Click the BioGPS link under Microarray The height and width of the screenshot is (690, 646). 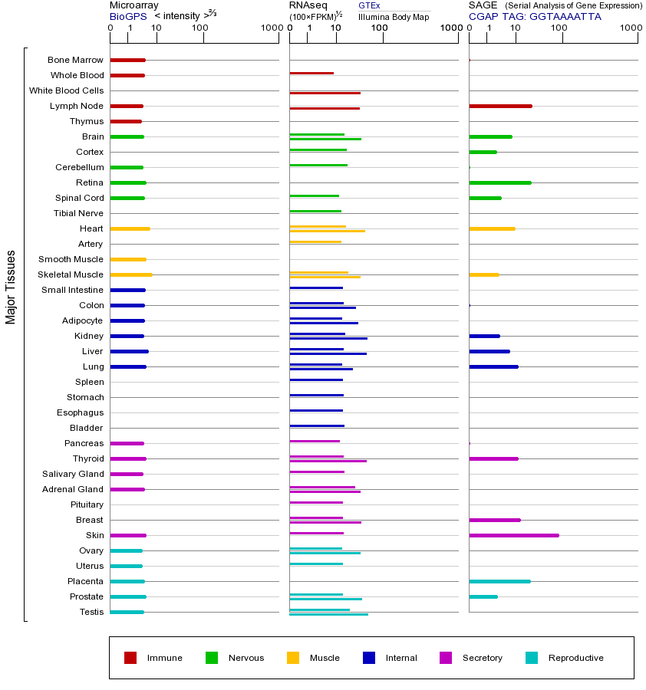tap(127, 16)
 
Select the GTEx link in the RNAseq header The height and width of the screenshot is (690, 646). tap(369, 5)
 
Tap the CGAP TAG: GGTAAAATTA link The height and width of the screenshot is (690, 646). tap(535, 16)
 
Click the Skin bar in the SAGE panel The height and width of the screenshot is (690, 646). tap(513, 535)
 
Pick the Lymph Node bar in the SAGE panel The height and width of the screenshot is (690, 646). tap(500, 106)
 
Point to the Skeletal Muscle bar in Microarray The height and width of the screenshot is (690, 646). tap(131, 274)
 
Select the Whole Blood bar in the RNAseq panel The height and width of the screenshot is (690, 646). tap(311, 73)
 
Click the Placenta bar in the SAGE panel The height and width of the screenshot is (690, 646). tap(499, 581)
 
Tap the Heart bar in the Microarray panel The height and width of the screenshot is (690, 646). tap(130, 228)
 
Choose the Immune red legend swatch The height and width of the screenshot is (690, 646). tap(130, 658)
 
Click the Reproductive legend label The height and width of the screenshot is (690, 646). tap(575, 658)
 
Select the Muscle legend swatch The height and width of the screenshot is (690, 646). tap(293, 658)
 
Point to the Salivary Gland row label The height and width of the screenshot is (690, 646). tap(73, 474)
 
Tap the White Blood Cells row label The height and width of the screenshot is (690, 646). tap(66, 90)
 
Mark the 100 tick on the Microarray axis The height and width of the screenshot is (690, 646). tap(199, 28)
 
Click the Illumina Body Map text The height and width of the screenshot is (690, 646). tap(394, 17)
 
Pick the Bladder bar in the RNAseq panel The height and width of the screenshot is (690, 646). tap(317, 426)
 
